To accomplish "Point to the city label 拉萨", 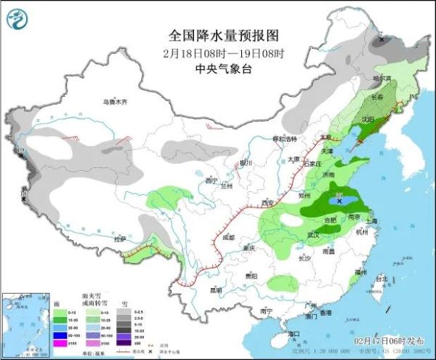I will [x=121, y=239].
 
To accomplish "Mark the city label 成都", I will [x=230, y=237].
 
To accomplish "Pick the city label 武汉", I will [x=314, y=235].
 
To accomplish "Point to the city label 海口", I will [x=293, y=333].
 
